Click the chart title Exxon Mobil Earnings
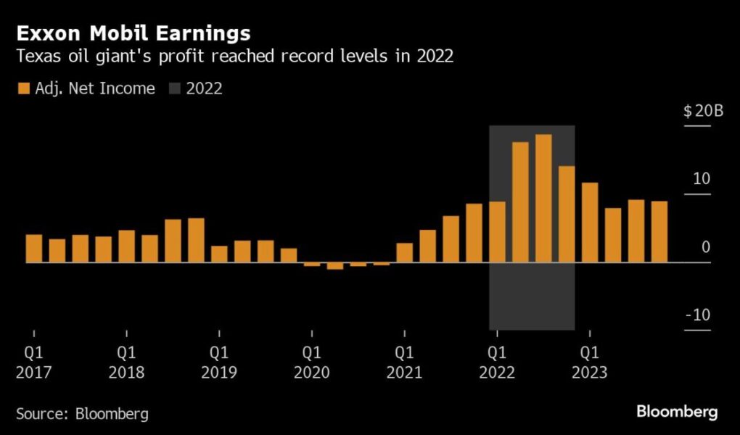pyautogui.click(x=134, y=33)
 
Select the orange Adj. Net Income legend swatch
pyautogui.click(x=23, y=88)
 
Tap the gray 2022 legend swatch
pyautogui.click(x=174, y=88)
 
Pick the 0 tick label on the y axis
pyautogui.click(x=706, y=248)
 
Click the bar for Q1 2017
pyautogui.click(x=34, y=249)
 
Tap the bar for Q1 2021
pyautogui.click(x=405, y=253)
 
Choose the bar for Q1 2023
pyautogui.click(x=590, y=223)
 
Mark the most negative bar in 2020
pyautogui.click(x=335, y=266)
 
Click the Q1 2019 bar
pyautogui.click(x=219, y=254)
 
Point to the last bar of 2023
pyautogui.click(x=659, y=232)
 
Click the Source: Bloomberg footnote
pyautogui.click(x=82, y=414)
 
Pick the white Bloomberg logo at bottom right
pyautogui.click(x=677, y=413)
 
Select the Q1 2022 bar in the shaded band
pyautogui.click(x=497, y=232)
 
